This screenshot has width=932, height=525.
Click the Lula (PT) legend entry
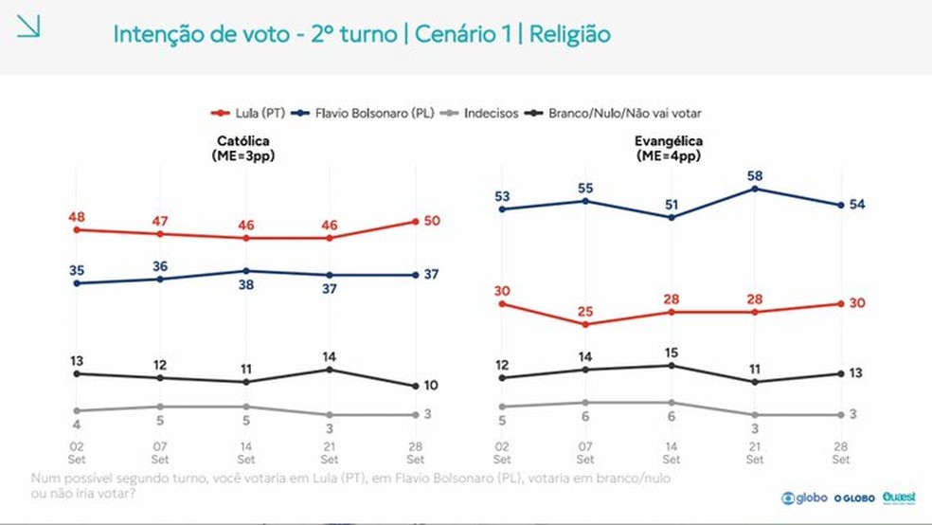(x=248, y=113)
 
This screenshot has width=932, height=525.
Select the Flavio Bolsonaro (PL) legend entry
(x=363, y=113)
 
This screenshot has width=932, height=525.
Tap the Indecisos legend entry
(x=479, y=113)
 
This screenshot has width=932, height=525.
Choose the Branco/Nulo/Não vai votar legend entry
(x=613, y=113)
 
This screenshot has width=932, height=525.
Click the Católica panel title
(x=243, y=148)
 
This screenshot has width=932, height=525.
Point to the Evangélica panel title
(x=669, y=148)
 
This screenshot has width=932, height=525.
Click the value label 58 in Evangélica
(x=755, y=176)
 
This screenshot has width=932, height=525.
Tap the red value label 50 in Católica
(x=432, y=221)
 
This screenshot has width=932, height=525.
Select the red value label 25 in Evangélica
(x=585, y=312)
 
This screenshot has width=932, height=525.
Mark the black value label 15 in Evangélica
(x=672, y=353)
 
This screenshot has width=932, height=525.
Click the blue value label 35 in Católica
(x=77, y=270)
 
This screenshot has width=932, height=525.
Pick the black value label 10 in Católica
(x=431, y=386)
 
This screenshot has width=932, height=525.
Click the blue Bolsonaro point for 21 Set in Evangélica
(x=755, y=190)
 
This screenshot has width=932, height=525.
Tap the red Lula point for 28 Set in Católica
(x=416, y=222)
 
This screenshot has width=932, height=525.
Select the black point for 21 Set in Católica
(x=330, y=370)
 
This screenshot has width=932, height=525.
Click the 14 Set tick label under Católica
(x=246, y=452)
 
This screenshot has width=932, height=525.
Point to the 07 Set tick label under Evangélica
(x=585, y=452)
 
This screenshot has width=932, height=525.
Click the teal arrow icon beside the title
(x=27, y=27)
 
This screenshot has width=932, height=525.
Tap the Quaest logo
(x=899, y=498)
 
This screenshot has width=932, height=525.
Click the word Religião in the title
(x=569, y=34)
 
